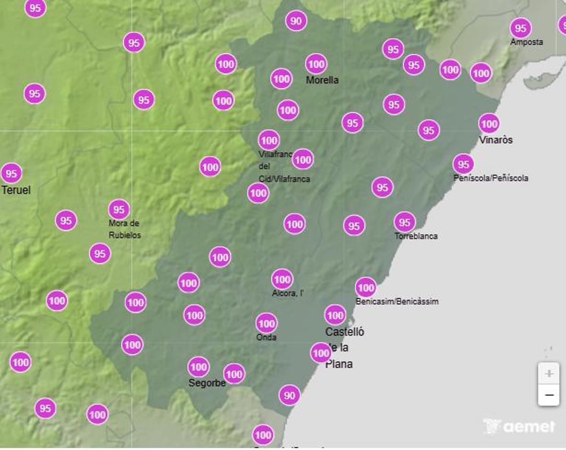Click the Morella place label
322,80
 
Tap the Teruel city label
16,190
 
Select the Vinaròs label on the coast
496,140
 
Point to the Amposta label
526,42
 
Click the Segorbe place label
207,383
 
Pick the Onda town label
266,337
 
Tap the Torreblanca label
416,236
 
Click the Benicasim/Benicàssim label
397,301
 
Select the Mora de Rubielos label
125,229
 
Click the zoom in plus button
549,374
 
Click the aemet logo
519,426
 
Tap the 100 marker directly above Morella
316,64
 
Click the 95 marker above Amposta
520,28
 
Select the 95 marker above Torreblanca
405,222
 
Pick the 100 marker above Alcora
282,279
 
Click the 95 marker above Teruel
11,174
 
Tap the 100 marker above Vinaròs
489,124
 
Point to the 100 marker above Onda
266,324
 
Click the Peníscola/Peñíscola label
491,178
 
